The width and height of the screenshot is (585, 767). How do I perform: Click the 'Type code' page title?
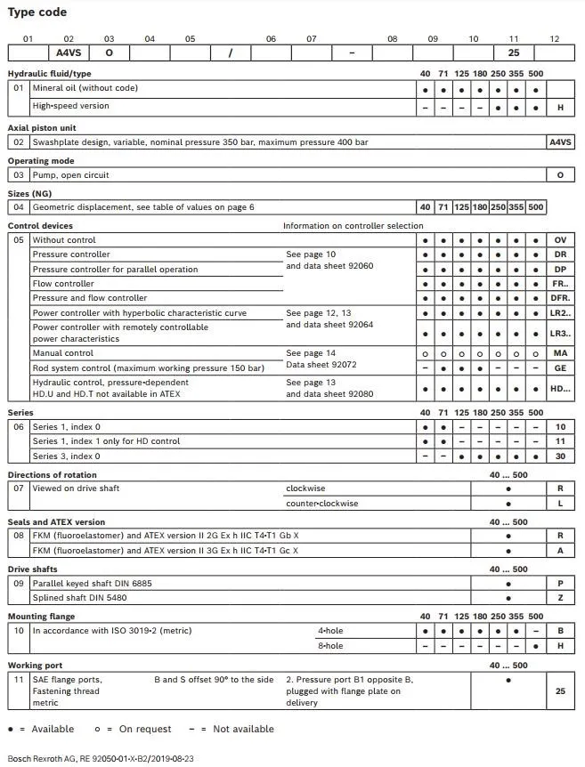point(37,12)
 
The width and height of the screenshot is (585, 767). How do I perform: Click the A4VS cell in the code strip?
point(69,52)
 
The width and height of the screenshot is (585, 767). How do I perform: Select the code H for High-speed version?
point(560,106)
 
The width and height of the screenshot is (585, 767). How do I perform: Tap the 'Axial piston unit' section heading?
point(42,128)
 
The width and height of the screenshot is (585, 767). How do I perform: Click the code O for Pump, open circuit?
point(560,175)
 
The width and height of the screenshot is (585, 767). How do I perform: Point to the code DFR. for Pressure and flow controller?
point(560,298)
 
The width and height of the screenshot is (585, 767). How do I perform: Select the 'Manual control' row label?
point(62,353)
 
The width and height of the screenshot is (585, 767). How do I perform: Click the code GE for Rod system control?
point(560,367)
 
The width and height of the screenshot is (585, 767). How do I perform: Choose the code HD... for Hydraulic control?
point(560,388)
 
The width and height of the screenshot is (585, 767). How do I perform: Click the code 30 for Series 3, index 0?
point(560,456)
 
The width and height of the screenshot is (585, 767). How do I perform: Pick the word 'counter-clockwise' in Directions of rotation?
point(321,504)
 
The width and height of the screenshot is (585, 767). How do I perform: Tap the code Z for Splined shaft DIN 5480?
point(560,598)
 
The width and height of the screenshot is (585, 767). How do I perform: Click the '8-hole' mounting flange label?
point(330,645)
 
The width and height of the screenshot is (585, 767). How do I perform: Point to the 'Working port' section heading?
point(36,665)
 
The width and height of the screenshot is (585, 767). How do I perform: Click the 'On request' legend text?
point(145,729)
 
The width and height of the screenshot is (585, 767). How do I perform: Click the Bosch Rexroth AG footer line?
point(101,759)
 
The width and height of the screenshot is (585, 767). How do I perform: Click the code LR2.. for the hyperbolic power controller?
point(560,313)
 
